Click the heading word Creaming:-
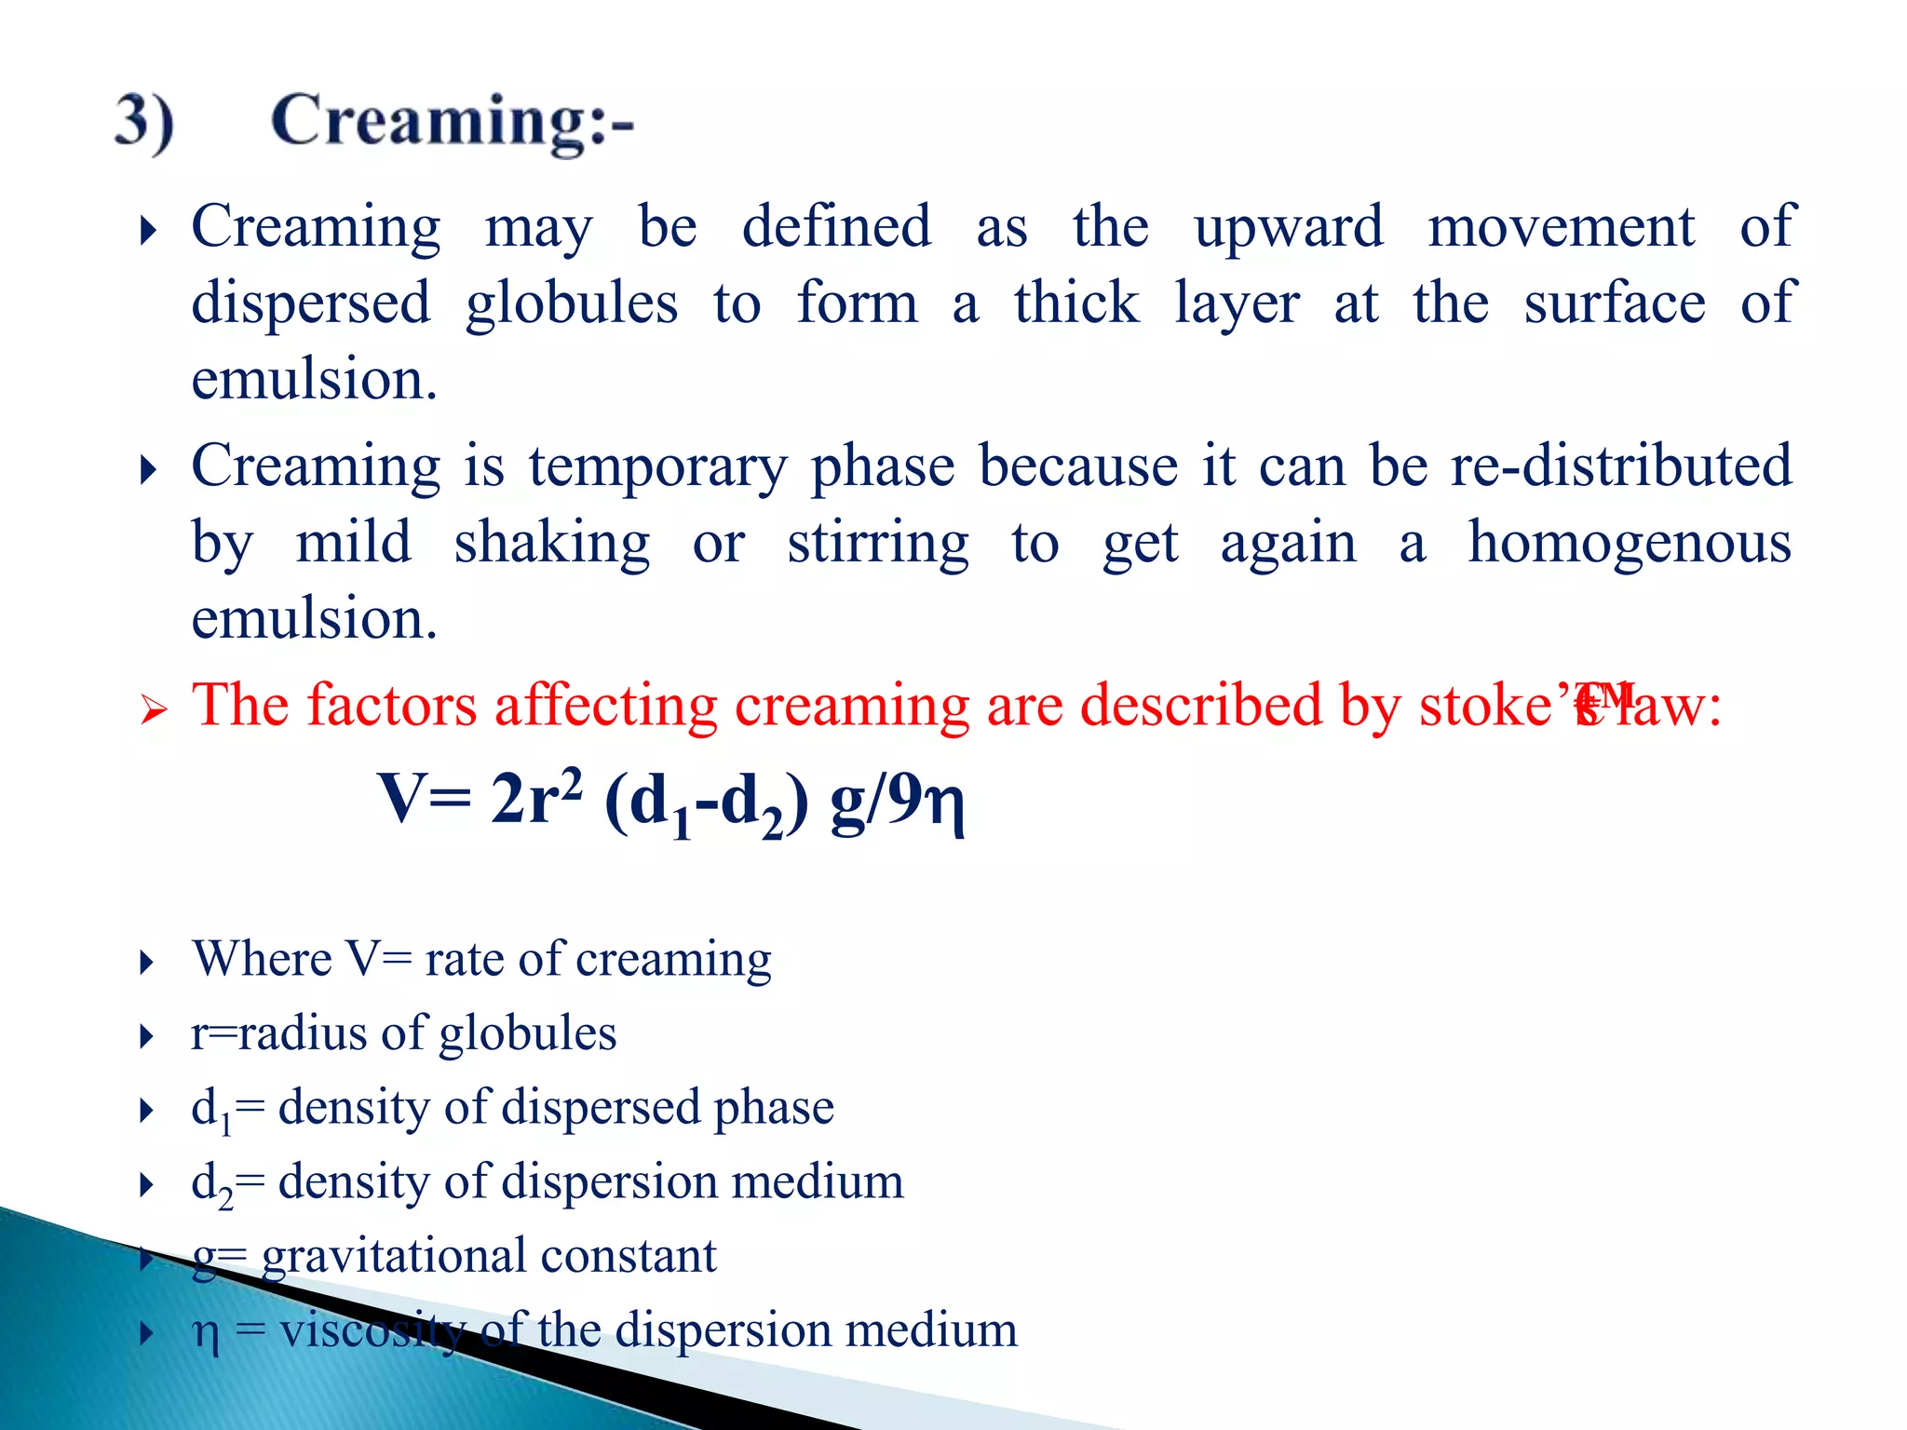tap(453, 123)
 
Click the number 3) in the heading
tap(144, 123)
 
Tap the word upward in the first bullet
tap(1289, 228)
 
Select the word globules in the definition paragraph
tap(572, 305)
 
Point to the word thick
tap(1076, 304)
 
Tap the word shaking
tap(552, 544)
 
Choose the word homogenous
tap(1630, 544)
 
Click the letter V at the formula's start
tap(401, 798)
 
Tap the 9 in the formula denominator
tap(904, 798)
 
